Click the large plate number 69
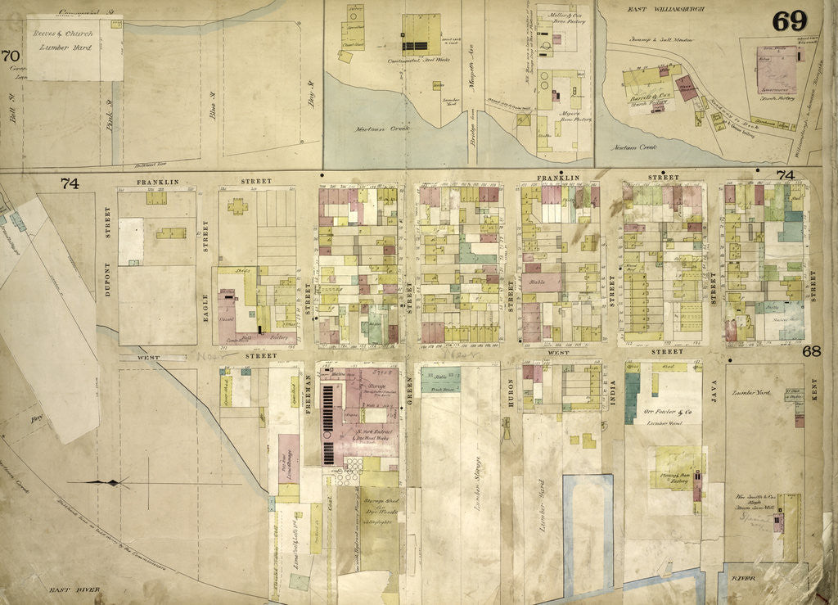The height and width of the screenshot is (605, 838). pos(790,21)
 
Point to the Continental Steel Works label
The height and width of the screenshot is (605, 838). pos(422,61)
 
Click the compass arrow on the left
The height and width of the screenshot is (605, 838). pos(110,483)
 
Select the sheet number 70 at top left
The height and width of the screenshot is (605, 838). pos(10,56)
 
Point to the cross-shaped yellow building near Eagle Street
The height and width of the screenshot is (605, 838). pos(238,205)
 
